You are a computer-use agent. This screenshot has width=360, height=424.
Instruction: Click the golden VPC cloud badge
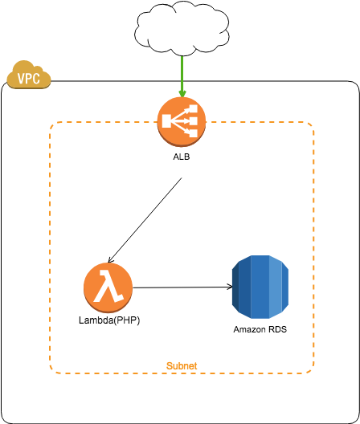[29, 75]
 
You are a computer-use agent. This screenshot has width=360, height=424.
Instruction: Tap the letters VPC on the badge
[29, 79]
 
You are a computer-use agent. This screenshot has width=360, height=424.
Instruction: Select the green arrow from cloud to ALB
[182, 76]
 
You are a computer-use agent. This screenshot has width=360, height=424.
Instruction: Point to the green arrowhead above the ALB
[182, 94]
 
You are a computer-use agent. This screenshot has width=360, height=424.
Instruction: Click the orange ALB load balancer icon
[182, 122]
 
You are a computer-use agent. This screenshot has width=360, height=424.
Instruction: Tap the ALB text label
[182, 157]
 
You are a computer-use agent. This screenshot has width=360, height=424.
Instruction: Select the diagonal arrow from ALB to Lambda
[145, 220]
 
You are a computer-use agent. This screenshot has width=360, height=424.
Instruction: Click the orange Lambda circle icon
[108, 287]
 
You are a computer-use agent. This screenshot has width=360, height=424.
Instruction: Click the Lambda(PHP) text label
[109, 320]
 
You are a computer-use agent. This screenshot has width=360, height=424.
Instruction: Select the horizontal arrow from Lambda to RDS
[182, 287]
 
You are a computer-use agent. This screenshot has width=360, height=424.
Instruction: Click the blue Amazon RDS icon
[260, 287]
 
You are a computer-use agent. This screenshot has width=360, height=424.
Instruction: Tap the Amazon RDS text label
[260, 329]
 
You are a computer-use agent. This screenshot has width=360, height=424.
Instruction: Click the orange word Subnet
[182, 366]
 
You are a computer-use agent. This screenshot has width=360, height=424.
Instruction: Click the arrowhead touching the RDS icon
[230, 287]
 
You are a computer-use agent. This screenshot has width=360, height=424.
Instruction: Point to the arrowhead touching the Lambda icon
[110, 260]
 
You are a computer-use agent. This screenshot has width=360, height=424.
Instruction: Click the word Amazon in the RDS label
[249, 329]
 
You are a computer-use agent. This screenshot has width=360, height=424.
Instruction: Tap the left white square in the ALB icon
[166, 121]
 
